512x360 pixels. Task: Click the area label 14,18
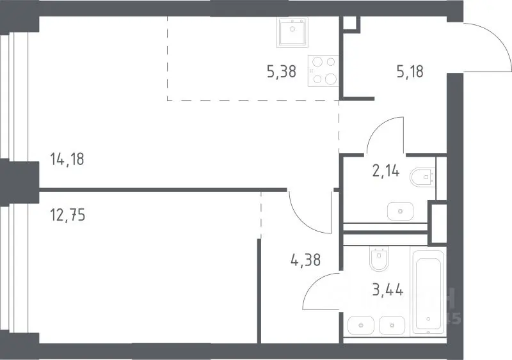point(67,159)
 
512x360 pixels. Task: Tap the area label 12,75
point(68,215)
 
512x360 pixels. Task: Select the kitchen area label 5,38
point(282,71)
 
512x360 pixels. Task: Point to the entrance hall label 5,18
point(410,71)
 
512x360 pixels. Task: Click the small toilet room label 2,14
point(386,171)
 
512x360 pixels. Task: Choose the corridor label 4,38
point(305,260)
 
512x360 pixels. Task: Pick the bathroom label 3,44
point(388,290)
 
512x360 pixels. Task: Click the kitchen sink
point(292,32)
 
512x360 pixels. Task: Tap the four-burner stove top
point(323,71)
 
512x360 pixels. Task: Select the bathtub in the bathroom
point(428,291)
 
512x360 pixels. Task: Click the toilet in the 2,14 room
point(422,177)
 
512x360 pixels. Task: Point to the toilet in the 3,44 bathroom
point(380,258)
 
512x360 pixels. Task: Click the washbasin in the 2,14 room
point(401,211)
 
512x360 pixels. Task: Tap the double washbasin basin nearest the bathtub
point(392,325)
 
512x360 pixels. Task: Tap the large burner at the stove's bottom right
point(331,79)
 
